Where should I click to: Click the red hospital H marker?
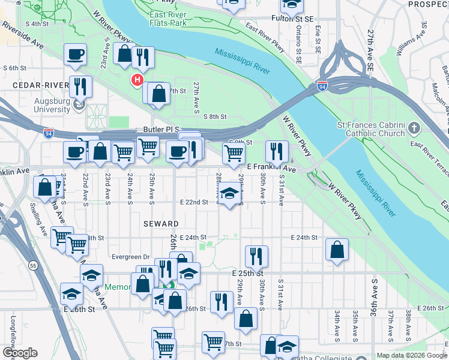click(x=137, y=79)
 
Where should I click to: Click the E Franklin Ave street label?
click(x=271, y=170)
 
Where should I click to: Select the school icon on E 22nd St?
click(x=228, y=194)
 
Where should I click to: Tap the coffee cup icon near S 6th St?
click(x=76, y=55)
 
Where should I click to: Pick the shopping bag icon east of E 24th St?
click(x=337, y=249)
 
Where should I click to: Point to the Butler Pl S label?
click(x=157, y=129)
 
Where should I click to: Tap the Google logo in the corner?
click(x=20, y=353)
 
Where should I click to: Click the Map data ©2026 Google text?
click(x=411, y=355)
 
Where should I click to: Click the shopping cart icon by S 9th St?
click(x=234, y=153)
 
